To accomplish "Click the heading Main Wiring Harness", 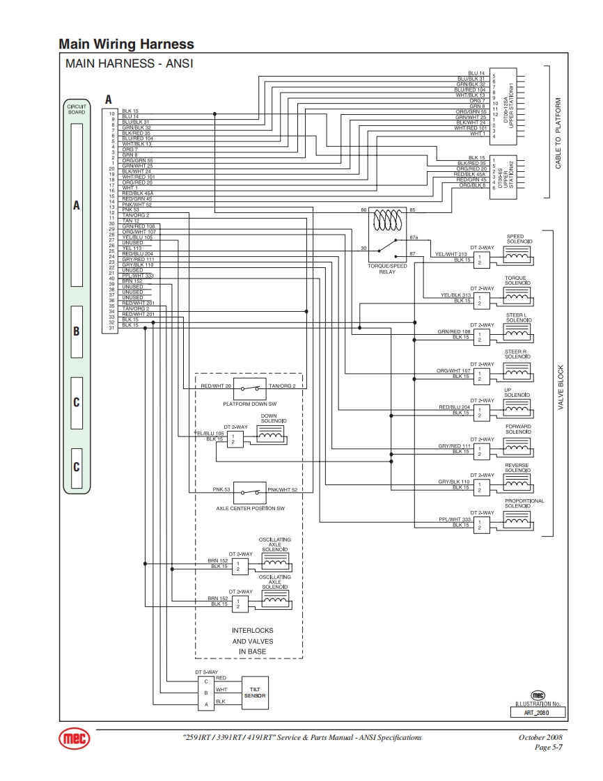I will coord(126,44).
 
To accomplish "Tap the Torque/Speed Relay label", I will coord(387,269).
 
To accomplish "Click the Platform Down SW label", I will coord(249,404).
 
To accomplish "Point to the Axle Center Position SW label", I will coord(250,509).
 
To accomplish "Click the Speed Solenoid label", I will coord(515,239).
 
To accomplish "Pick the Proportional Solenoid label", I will coord(524,503).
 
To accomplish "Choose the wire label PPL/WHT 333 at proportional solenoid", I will coord(455,519).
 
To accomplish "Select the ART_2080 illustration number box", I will coord(538,713).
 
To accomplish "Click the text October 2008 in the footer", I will coord(540,737).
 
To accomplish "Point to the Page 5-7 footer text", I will coord(548,747).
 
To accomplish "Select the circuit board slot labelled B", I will coord(77,331).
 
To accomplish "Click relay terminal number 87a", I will coord(414,237).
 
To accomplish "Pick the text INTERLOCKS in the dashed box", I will coord(252,631).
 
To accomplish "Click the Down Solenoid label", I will coord(269,418).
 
